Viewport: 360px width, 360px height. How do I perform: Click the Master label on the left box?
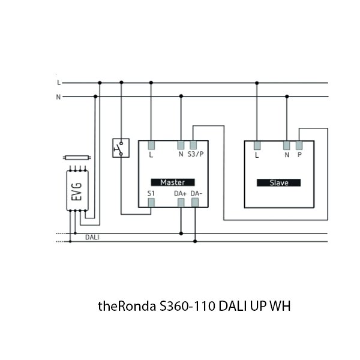(172, 182)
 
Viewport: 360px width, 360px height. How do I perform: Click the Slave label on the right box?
(278, 182)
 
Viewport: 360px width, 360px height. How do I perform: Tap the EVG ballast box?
(77, 190)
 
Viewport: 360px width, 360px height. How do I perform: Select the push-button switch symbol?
(121, 148)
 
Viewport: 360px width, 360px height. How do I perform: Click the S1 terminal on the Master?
(151, 202)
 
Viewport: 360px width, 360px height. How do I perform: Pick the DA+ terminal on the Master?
(181, 202)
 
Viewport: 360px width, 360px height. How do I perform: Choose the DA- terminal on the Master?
(195, 202)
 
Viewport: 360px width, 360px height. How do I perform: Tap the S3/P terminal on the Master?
(193, 145)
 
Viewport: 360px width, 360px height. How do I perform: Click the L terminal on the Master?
(151, 145)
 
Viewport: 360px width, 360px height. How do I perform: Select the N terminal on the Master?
(181, 145)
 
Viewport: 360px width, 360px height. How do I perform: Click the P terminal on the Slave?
(299, 145)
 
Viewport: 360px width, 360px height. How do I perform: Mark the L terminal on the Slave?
(257, 145)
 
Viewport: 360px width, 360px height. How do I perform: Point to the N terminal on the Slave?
(287, 145)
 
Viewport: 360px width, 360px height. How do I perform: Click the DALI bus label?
(92, 238)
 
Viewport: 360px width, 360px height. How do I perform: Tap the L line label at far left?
(58, 82)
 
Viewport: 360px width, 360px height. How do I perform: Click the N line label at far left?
(58, 97)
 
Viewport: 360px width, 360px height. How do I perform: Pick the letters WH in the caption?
(280, 306)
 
